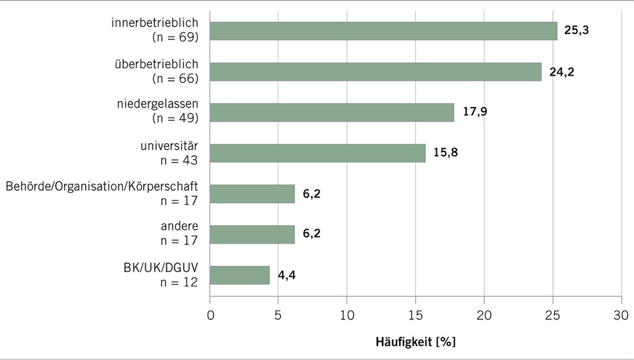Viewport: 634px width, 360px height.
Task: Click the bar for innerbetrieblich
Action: (x=383, y=31)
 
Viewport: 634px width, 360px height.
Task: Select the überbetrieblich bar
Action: (x=375, y=71)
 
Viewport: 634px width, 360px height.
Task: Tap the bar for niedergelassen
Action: (x=332, y=112)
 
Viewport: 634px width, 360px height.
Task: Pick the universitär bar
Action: (x=317, y=153)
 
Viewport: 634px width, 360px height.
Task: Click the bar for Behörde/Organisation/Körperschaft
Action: (x=252, y=193)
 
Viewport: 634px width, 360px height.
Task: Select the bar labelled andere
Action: (x=252, y=234)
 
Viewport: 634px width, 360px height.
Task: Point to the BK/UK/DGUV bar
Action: (x=239, y=275)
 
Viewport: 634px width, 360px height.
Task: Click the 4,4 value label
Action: (x=286, y=276)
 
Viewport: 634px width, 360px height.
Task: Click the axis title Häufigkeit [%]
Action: (x=415, y=340)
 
